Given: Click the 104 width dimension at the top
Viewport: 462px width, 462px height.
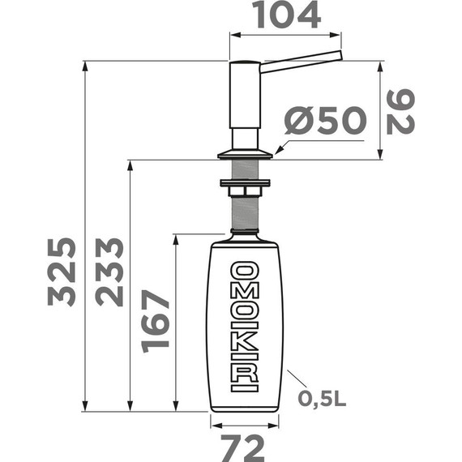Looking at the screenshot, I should tap(286, 15).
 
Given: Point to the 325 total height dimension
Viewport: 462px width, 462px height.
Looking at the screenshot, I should tap(62, 272).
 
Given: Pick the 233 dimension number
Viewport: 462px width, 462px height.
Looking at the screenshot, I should tap(109, 272).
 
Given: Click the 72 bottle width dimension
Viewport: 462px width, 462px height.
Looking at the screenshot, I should tap(244, 446).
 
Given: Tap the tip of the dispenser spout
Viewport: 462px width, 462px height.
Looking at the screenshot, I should tap(340, 55).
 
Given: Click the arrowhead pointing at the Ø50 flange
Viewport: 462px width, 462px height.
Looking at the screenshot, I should tap(277, 151).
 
